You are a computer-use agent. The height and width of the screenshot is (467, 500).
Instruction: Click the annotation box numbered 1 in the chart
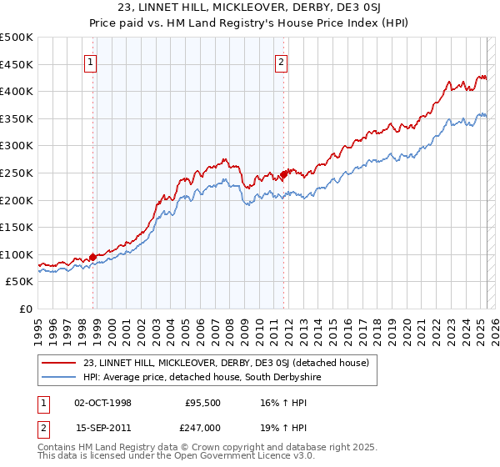coord(89,61)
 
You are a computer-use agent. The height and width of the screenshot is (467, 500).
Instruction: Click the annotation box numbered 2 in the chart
coord(282,61)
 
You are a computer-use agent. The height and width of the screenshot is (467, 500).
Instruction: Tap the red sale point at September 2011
coord(284,174)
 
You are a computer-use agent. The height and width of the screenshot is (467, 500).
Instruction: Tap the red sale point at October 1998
coord(92,257)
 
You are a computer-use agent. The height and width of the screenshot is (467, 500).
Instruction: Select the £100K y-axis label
coord(17,254)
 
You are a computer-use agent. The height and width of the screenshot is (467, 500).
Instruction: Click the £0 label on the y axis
coord(26,309)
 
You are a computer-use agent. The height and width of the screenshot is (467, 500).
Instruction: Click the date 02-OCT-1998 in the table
coord(102,402)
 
